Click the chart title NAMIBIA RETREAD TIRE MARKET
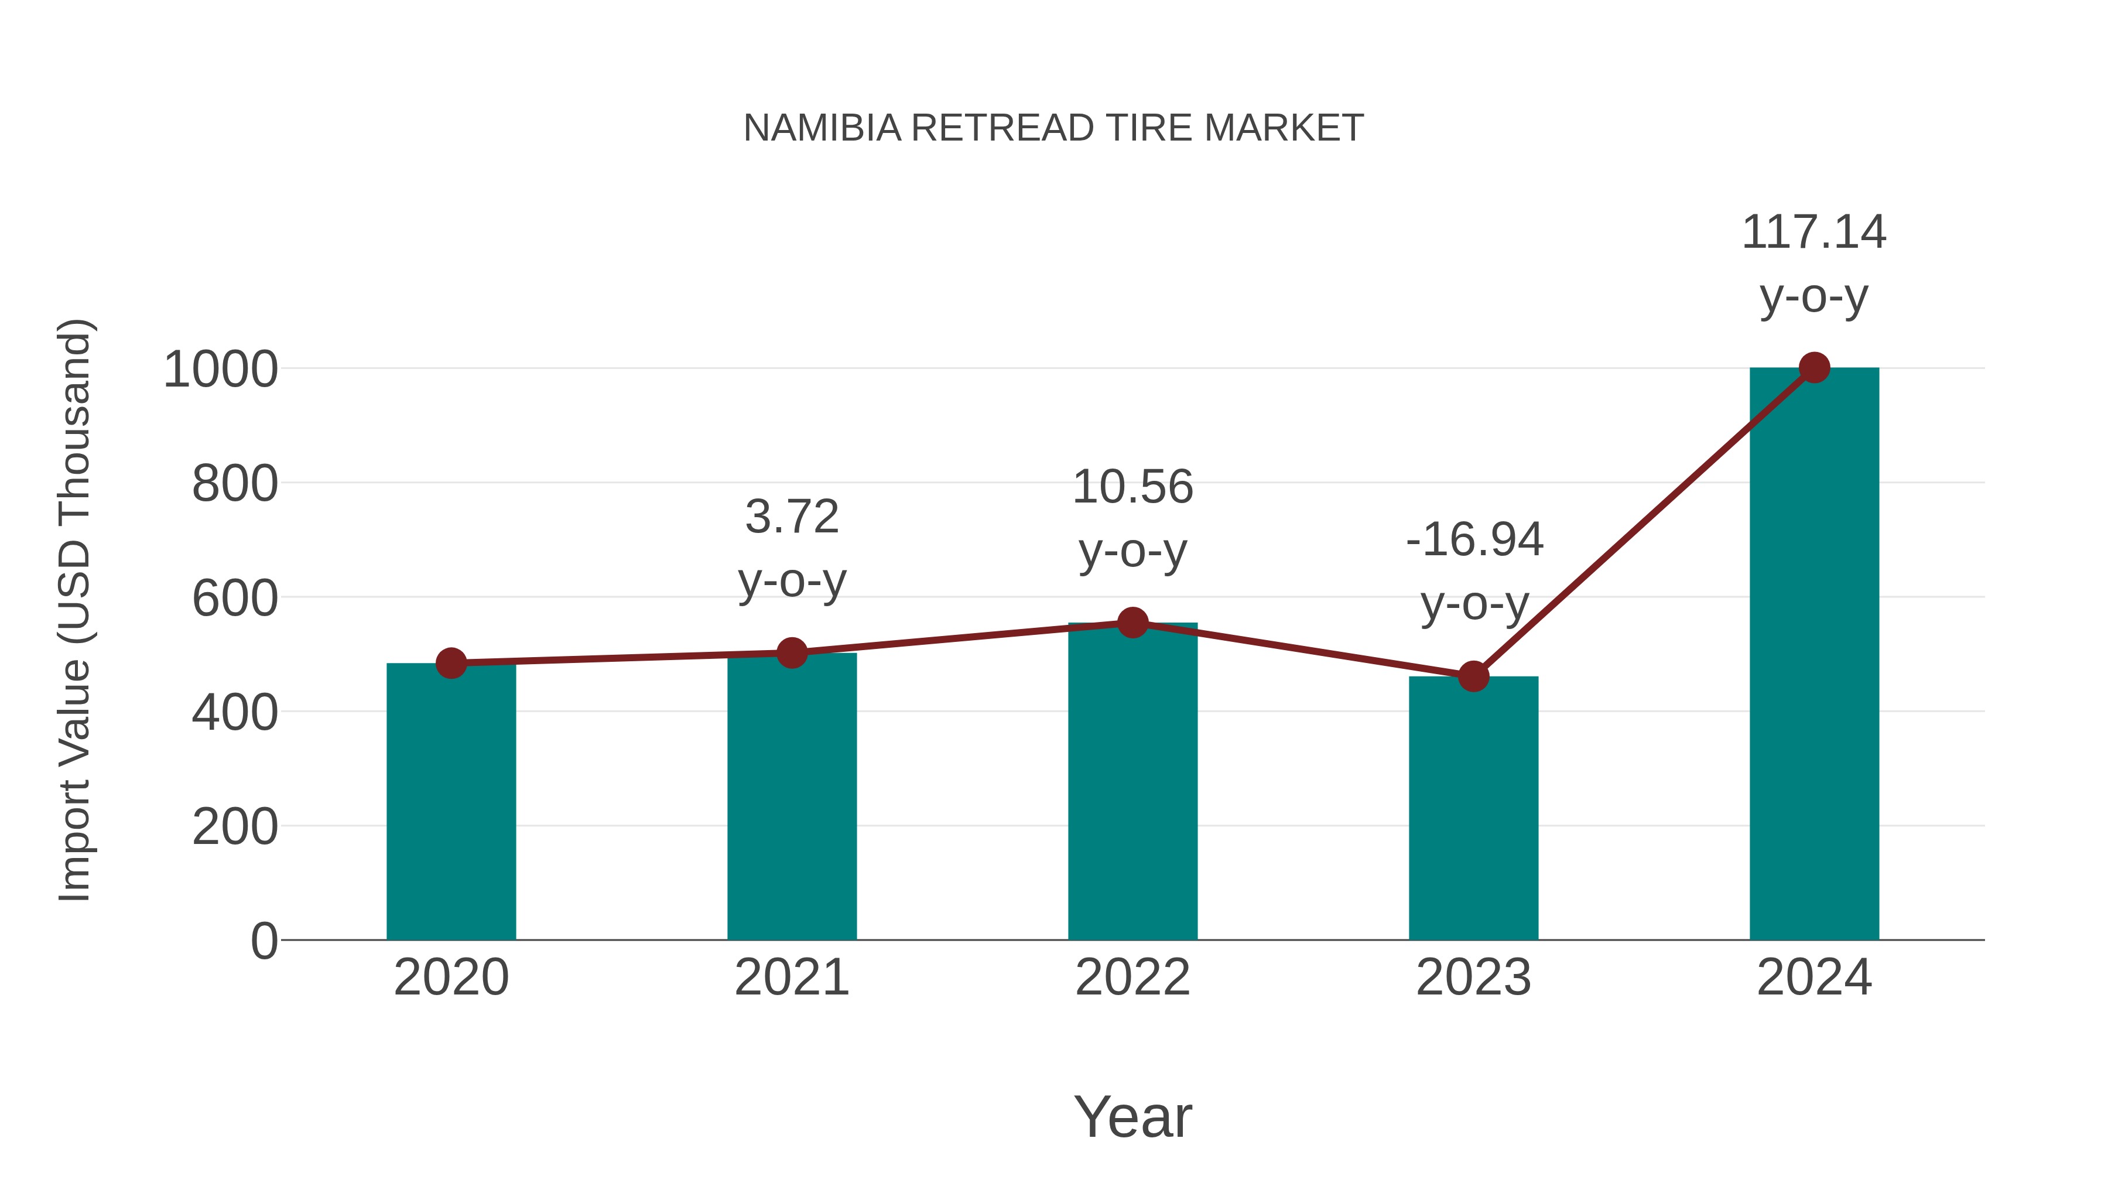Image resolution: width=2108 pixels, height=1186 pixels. coord(1053,128)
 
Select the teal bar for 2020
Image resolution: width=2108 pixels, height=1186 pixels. coord(451,802)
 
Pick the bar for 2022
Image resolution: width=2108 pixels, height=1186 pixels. coord(1132,782)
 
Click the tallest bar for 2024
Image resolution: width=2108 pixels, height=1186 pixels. coord(1814,655)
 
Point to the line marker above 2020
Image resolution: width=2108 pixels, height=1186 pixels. coord(451,663)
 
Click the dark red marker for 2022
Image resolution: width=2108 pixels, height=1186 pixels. coord(1132,623)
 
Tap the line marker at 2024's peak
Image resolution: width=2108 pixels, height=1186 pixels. coord(1814,368)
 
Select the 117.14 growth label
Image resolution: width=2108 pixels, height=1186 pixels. coord(1814,233)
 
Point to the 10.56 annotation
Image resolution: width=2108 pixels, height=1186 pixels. coord(1132,488)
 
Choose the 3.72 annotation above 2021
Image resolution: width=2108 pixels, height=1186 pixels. coord(791,517)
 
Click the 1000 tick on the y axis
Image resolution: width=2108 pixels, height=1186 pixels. coord(221,370)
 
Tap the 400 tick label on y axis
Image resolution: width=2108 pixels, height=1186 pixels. coord(235,713)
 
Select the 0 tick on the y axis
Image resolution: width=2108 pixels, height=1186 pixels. coord(263,941)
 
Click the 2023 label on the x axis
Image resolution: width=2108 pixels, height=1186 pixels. coord(1473,978)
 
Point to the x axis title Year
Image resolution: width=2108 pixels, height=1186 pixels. coord(1132,1117)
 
